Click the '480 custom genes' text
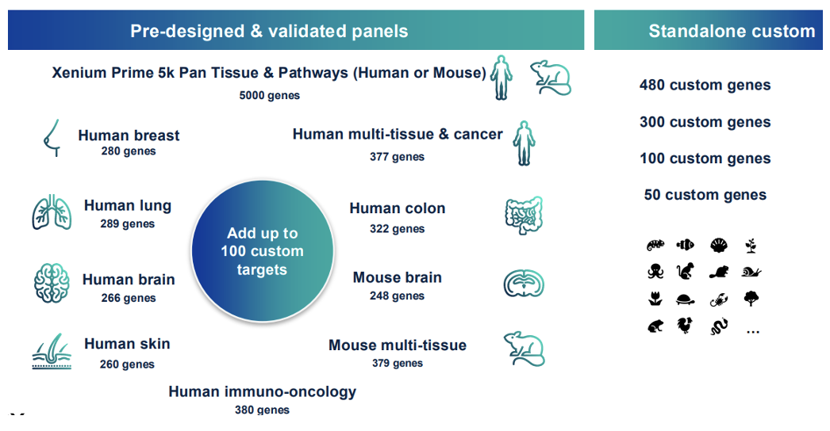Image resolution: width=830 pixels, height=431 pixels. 705,86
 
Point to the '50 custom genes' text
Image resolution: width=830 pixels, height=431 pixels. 705,195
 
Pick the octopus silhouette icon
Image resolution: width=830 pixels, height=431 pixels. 655,272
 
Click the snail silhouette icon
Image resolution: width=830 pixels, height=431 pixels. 751,273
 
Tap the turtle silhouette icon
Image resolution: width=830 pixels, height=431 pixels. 686,299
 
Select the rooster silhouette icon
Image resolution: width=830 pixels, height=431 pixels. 685,326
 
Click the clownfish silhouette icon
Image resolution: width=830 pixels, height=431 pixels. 686,246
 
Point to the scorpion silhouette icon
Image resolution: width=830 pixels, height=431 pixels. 718,299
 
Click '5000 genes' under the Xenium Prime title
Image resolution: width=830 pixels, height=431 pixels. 270,95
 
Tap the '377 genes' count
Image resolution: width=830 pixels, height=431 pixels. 397,157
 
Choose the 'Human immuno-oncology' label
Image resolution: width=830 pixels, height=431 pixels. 262,391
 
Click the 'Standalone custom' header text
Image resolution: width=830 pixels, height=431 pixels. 731,32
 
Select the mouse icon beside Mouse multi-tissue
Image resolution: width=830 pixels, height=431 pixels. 524,348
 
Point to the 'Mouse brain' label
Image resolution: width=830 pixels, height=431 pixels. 397,278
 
